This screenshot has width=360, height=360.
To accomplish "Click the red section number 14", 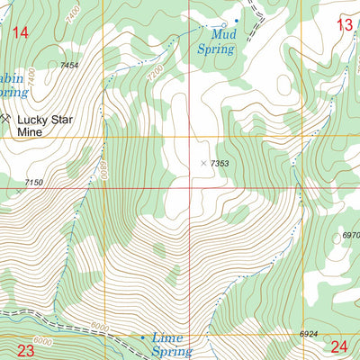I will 20,33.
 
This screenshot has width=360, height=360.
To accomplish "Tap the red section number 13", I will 345,25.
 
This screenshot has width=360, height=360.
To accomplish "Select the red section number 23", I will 25,350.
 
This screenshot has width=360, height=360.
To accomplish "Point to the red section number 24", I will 339,346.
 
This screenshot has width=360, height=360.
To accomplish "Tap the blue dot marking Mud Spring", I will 237,21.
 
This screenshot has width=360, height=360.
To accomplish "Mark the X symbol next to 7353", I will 202,163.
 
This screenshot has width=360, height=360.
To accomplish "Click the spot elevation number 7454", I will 70,66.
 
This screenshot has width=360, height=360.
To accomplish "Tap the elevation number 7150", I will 32,183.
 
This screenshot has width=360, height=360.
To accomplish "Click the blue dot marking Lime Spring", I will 141,337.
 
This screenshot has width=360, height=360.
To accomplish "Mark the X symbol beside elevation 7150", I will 16,191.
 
